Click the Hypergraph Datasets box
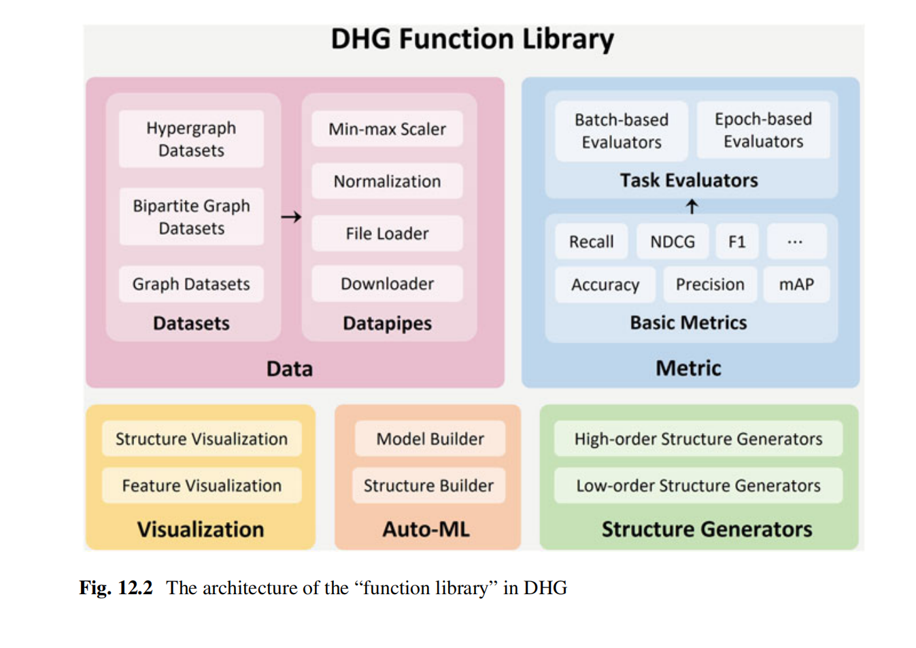pos(191,139)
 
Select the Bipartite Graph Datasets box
pos(191,216)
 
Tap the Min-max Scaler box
pos(387,129)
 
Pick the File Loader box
pos(387,233)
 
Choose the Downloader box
pos(387,284)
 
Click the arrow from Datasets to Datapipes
pos(291,217)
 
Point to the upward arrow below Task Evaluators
pos(692,206)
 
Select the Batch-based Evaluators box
pos(622,131)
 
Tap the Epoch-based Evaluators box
pos(763,130)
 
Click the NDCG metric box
pos(673,242)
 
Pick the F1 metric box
pos(737,242)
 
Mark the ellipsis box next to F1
pos(796,242)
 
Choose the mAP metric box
pos(796,285)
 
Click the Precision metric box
pos(710,285)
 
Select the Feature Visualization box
pos(201,485)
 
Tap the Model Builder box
pos(430,439)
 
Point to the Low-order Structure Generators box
pos(698,485)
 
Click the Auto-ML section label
pos(426,529)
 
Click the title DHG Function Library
pos(472,39)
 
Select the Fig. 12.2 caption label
pos(116,587)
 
